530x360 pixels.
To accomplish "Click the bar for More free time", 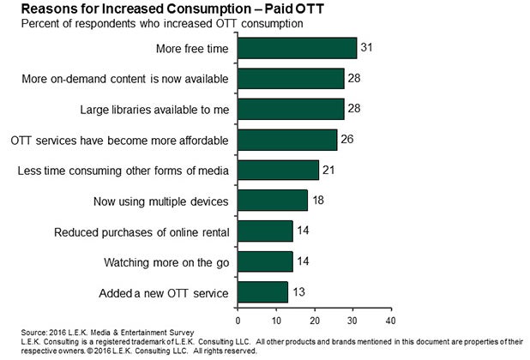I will click(x=297, y=48).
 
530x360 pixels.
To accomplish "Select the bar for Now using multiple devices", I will click(x=272, y=201).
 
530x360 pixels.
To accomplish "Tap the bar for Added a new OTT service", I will click(x=262, y=293).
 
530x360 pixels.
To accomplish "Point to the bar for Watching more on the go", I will click(x=264, y=261).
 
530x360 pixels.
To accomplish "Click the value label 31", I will click(x=366, y=48).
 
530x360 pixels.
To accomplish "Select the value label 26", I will click(x=347, y=140).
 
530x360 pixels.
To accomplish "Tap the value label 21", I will click(x=328, y=170).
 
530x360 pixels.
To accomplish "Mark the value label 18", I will click(x=317, y=201).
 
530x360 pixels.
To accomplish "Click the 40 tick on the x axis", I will click(x=390, y=320).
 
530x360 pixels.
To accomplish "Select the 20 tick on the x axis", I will click(x=314, y=320).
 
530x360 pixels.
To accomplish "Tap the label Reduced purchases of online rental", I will click(x=142, y=231).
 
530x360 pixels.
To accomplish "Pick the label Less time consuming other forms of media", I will click(x=123, y=171).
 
